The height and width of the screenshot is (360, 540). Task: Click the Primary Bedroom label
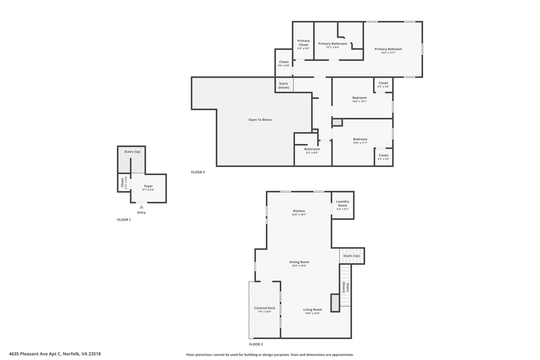[x=388, y=49]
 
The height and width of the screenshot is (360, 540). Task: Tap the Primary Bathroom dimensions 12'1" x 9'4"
[x=333, y=47]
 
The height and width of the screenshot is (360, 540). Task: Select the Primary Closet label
[x=303, y=43]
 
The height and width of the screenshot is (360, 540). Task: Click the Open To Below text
[x=260, y=120]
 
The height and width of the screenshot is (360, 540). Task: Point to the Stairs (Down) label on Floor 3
[x=283, y=85]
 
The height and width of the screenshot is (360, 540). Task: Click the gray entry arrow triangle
[x=141, y=207]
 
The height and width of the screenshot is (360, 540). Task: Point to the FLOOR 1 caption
[x=124, y=220]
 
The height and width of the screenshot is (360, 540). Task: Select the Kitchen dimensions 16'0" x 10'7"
[x=299, y=215]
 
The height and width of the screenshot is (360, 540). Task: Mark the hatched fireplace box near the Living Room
[x=335, y=303]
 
